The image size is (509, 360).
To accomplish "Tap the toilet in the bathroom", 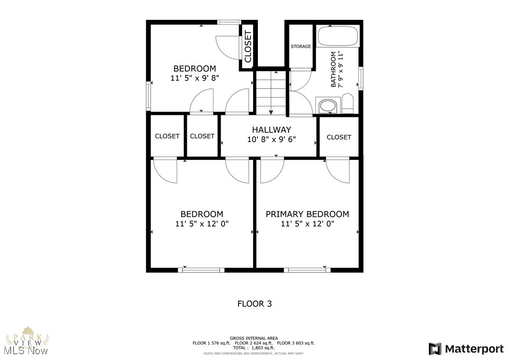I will [x=347, y=103].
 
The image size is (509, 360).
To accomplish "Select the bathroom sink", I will [x=328, y=105].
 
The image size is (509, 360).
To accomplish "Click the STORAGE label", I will [x=300, y=46].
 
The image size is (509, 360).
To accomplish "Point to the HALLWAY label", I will [x=271, y=130].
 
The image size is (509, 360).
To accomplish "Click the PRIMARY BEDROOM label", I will [x=307, y=214].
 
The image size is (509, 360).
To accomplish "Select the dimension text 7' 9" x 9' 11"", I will [x=340, y=69].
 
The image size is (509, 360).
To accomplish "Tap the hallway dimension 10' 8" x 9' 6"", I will [x=271, y=139].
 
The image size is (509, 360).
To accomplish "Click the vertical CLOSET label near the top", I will [x=248, y=47].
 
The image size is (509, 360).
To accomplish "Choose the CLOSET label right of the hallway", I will [x=339, y=137].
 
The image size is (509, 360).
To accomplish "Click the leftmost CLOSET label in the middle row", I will [x=167, y=136].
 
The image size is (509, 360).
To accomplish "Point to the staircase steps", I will [x=271, y=92].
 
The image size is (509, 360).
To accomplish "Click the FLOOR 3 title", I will [x=254, y=304].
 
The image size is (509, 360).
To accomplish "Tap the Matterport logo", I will [x=466, y=348].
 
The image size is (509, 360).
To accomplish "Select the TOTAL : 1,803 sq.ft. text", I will [x=254, y=347].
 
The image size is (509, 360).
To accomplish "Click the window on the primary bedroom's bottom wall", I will [x=307, y=270].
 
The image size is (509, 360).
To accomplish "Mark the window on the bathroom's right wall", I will [x=360, y=78].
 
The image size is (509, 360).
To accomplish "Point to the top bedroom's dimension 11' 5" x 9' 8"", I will [x=195, y=78].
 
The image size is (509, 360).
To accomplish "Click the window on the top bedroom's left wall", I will [x=149, y=96].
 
